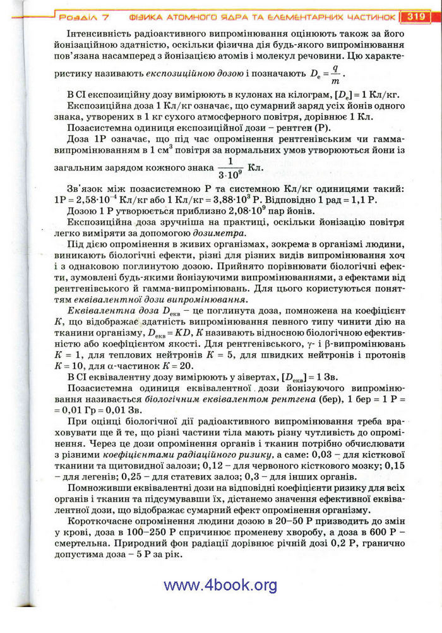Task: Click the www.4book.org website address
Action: tap(220, 585)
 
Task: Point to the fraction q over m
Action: tap(335, 75)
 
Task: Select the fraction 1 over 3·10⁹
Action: tap(227, 167)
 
